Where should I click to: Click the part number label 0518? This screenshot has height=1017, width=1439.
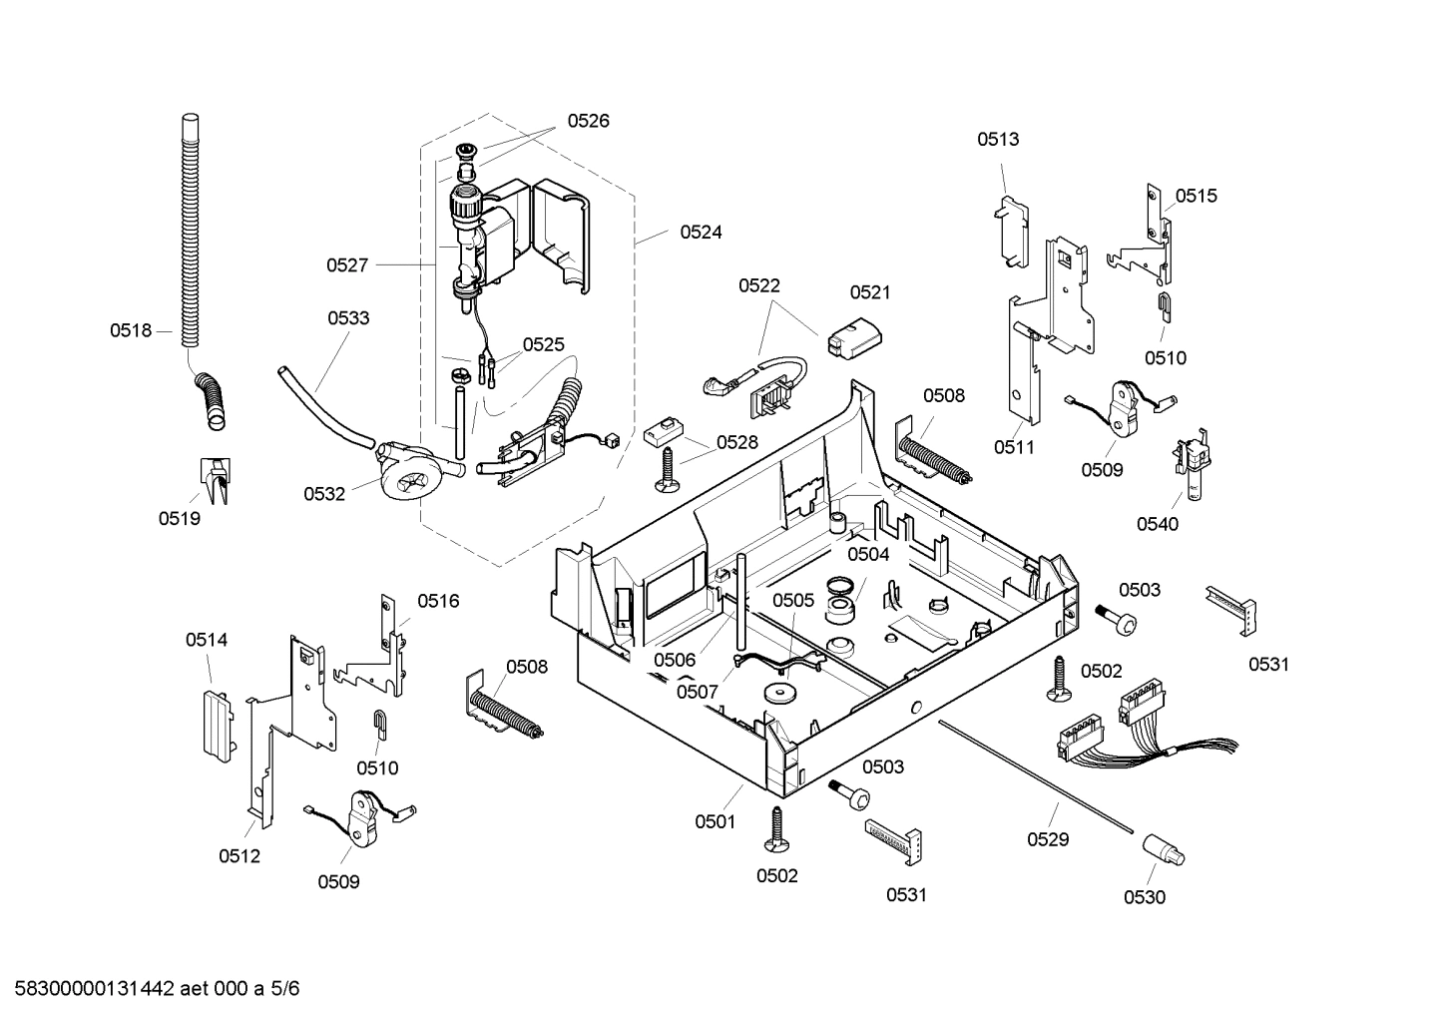pyautogui.click(x=130, y=330)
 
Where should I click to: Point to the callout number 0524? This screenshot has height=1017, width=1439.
pyautogui.click(x=701, y=232)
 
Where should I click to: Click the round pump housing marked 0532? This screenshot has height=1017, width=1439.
pyautogui.click(x=410, y=477)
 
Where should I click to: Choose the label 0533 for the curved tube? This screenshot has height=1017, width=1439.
pyautogui.click(x=348, y=318)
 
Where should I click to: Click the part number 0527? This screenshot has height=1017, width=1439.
pyautogui.click(x=346, y=264)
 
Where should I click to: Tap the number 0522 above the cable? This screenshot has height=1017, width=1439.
pyautogui.click(x=759, y=285)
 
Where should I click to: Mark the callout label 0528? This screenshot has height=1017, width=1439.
pyautogui.click(x=736, y=442)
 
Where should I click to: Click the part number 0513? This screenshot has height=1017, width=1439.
pyautogui.click(x=998, y=139)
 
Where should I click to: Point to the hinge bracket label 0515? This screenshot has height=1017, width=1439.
pyautogui.click(x=1196, y=196)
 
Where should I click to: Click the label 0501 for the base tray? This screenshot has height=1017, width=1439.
pyautogui.click(x=715, y=822)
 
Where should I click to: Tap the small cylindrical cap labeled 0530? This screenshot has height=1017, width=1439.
pyautogui.click(x=1164, y=851)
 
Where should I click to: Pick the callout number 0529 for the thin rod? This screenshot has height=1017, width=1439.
pyautogui.click(x=1048, y=839)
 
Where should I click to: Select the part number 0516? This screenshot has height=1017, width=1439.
pyautogui.click(x=438, y=600)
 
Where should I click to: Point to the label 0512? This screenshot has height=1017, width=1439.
pyautogui.click(x=240, y=855)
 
